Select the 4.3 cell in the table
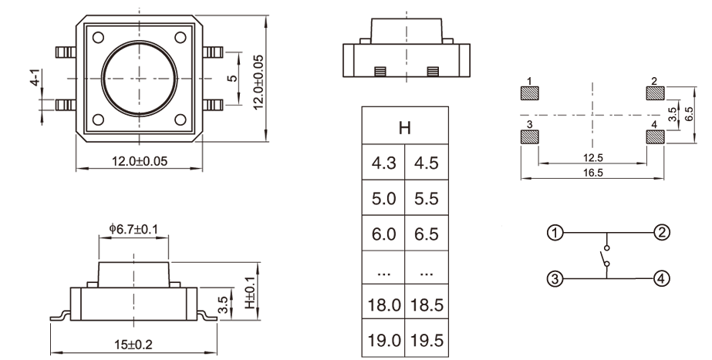pos(383,163)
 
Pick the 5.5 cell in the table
pos(425,198)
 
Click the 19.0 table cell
pos(383,338)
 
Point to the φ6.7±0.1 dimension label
pos(134,228)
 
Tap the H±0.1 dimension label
pos(249,294)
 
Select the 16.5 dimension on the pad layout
pos(593,173)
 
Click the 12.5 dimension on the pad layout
pos(593,158)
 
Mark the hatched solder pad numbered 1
pos(529,94)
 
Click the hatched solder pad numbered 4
pos(654,137)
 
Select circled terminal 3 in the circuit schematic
pos(555,278)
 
